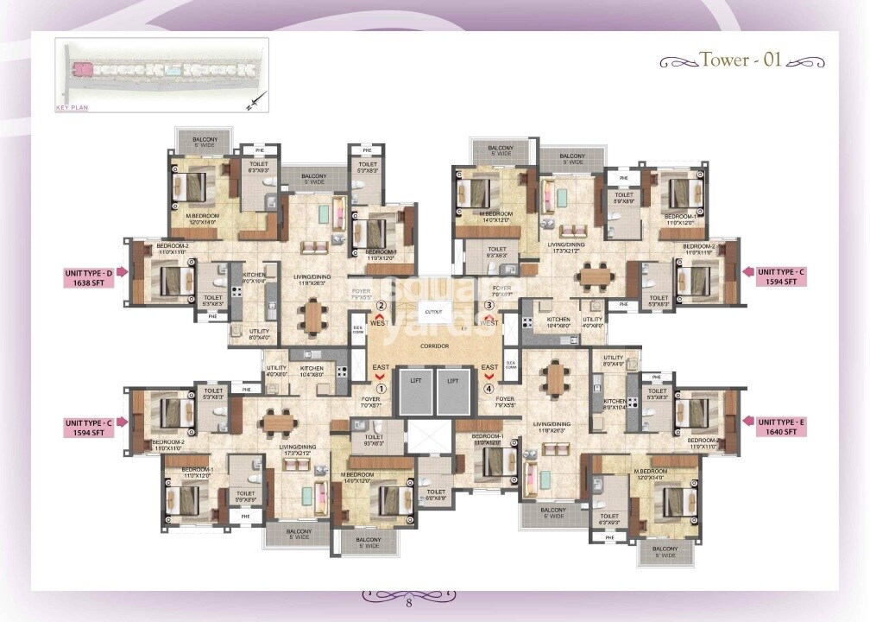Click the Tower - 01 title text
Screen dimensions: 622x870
click(x=740, y=60)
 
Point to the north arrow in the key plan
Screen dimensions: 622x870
click(x=251, y=105)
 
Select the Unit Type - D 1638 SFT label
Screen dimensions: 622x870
click(x=88, y=276)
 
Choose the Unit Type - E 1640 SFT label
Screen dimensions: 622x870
click(x=782, y=426)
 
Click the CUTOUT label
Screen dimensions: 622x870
click(x=433, y=312)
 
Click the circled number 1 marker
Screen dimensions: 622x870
click(x=380, y=387)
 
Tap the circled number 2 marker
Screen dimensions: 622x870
click(x=380, y=305)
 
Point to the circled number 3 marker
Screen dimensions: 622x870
click(x=489, y=305)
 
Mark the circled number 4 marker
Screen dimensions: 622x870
click(x=490, y=387)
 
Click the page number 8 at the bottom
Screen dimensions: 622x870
click(x=409, y=602)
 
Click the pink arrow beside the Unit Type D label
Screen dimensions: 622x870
click(x=123, y=272)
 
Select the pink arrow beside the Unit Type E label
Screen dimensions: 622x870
click(x=747, y=422)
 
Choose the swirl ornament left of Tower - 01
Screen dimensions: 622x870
click(x=678, y=62)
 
